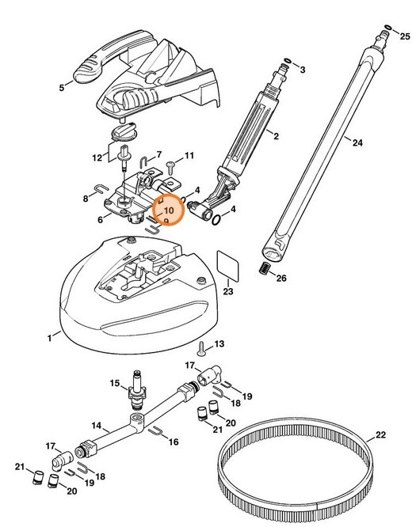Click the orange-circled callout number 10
[167, 211]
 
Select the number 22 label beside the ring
[381, 434]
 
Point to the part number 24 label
[357, 143]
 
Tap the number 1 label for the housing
[48, 338]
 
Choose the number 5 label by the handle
[61, 88]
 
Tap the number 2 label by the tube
[276, 137]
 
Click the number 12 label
[97, 157]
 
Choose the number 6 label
[101, 219]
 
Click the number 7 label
[158, 154]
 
